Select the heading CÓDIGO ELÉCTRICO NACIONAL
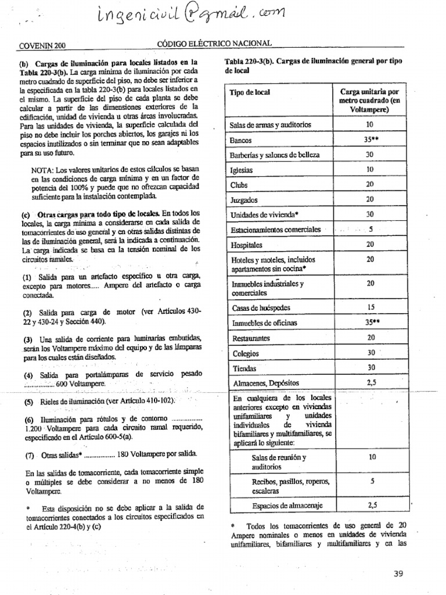tap(214, 44)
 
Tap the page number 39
tap(398, 574)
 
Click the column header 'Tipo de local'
tap(250, 94)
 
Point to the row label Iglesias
tap(242, 170)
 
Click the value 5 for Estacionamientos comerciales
tap(370, 230)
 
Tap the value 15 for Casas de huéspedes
tap(370, 307)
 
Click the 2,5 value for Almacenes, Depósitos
tap(372, 382)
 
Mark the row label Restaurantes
tap(251, 338)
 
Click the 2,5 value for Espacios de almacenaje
tap(372, 505)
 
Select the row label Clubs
tap(239, 185)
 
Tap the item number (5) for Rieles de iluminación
tap(28, 402)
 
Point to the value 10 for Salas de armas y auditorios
tap(370, 125)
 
